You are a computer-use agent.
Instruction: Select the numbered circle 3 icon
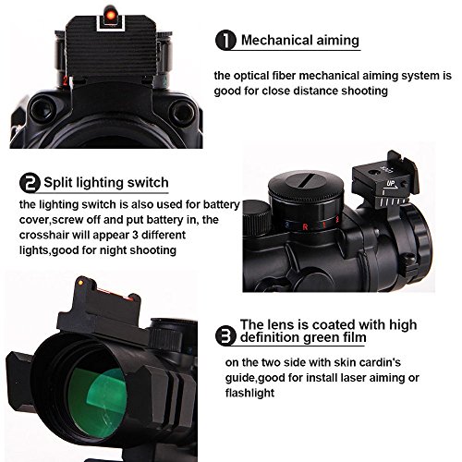224,332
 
